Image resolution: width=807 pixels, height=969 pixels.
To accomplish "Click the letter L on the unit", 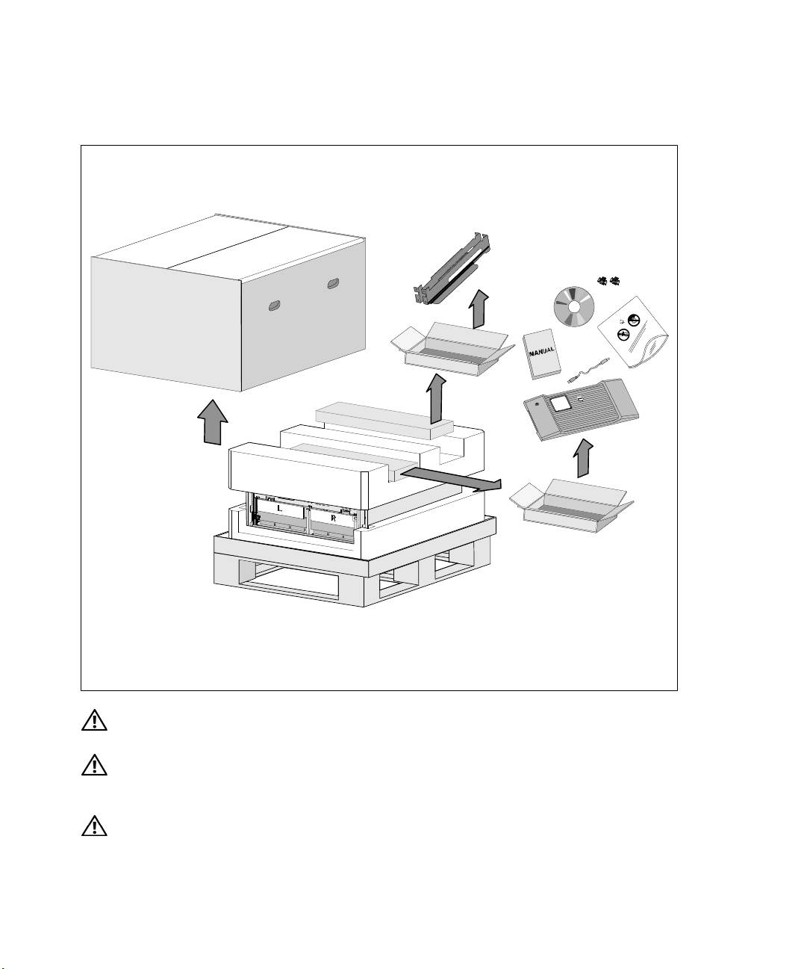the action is (x=278, y=509).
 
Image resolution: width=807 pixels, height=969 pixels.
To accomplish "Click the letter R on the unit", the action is (x=333, y=518).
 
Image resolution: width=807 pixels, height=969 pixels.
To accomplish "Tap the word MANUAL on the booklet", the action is (x=542, y=350).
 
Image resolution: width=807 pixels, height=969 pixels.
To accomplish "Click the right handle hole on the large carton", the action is (x=333, y=284).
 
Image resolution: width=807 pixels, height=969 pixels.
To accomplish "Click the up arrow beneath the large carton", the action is (x=213, y=422).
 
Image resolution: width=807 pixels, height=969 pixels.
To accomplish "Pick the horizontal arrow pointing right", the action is (x=451, y=478).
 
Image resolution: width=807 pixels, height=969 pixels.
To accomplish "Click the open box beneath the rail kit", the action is (x=452, y=349).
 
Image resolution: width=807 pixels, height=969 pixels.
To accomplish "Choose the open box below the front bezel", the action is (x=571, y=506).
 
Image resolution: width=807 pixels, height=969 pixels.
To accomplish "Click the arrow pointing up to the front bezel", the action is (x=584, y=458).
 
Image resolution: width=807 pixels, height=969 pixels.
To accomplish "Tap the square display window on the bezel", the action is (x=561, y=403).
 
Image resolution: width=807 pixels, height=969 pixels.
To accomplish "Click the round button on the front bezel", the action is (x=537, y=404).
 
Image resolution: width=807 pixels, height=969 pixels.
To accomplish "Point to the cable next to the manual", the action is (x=588, y=370).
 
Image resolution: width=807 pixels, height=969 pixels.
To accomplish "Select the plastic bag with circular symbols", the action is (x=632, y=332).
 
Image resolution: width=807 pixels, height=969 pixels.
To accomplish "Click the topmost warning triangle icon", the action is (x=94, y=719).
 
